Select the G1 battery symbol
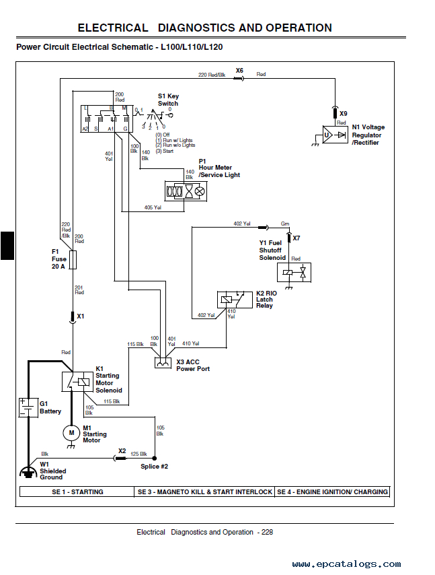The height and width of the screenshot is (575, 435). coord(28,407)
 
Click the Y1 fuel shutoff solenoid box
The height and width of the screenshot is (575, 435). coord(294,272)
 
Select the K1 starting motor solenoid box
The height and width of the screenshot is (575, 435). coord(79,381)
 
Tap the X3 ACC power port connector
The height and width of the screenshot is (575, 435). coord(163,363)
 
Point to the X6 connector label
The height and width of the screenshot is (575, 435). coord(239,70)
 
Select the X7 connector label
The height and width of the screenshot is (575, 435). coord(296,238)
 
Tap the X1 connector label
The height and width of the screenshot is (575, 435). coord(81,316)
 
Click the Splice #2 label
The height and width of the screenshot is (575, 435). coord(154,466)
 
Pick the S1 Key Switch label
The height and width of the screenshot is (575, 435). coord(168,100)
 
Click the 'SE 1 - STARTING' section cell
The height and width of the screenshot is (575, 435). coord(77,492)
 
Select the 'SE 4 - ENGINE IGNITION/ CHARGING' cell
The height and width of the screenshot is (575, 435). coord(332,492)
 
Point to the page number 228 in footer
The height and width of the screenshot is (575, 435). coord(267,532)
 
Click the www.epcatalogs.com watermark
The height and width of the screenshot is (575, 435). coord(346,564)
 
